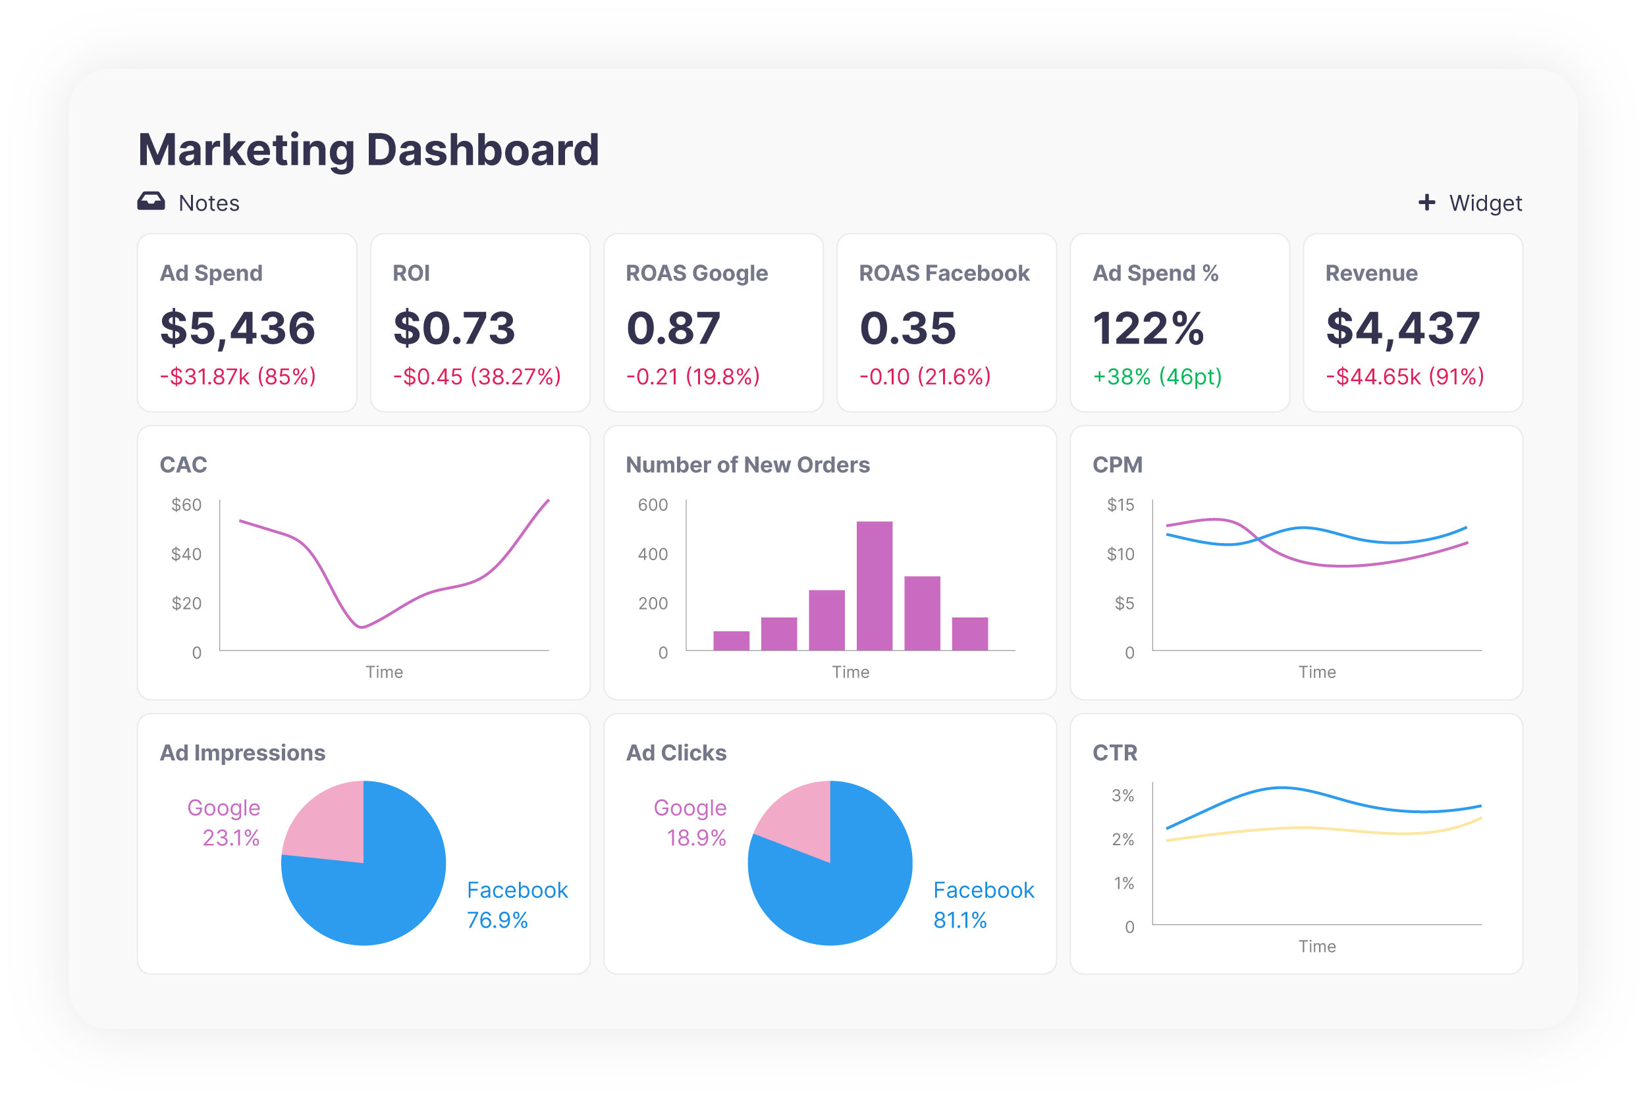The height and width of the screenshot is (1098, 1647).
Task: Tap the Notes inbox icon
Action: pyautogui.click(x=151, y=201)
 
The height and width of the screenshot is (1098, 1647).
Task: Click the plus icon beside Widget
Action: pyautogui.click(x=1426, y=202)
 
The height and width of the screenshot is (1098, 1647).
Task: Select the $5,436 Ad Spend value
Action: pyautogui.click(x=238, y=328)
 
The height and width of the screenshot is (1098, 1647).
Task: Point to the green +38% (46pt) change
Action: pyautogui.click(x=1156, y=377)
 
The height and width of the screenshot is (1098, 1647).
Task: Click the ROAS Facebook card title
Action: pyautogui.click(x=944, y=273)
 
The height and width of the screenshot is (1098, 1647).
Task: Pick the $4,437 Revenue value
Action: pyautogui.click(x=1403, y=328)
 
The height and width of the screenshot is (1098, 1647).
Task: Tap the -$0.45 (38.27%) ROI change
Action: pyautogui.click(x=476, y=377)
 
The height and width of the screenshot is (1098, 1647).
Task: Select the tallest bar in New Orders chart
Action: pyautogui.click(x=875, y=585)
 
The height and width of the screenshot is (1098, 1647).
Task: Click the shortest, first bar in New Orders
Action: pyautogui.click(x=731, y=640)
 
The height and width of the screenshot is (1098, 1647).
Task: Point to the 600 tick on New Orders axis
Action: pyautogui.click(x=652, y=505)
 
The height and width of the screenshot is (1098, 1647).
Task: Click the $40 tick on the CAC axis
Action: pyautogui.click(x=186, y=554)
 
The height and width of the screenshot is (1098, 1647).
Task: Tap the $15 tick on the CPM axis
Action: pyautogui.click(x=1120, y=505)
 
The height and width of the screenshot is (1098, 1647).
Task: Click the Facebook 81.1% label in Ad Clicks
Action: pyautogui.click(x=983, y=904)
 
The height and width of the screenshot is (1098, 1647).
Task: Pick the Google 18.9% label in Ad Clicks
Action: pyautogui.click(x=690, y=822)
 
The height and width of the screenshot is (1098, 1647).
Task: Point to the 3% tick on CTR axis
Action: pyautogui.click(x=1122, y=795)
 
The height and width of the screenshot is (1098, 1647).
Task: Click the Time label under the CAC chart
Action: pyautogui.click(x=384, y=672)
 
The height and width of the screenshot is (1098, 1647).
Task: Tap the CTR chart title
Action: pyautogui.click(x=1115, y=753)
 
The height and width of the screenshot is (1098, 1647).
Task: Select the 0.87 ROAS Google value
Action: pyautogui.click(x=672, y=328)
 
